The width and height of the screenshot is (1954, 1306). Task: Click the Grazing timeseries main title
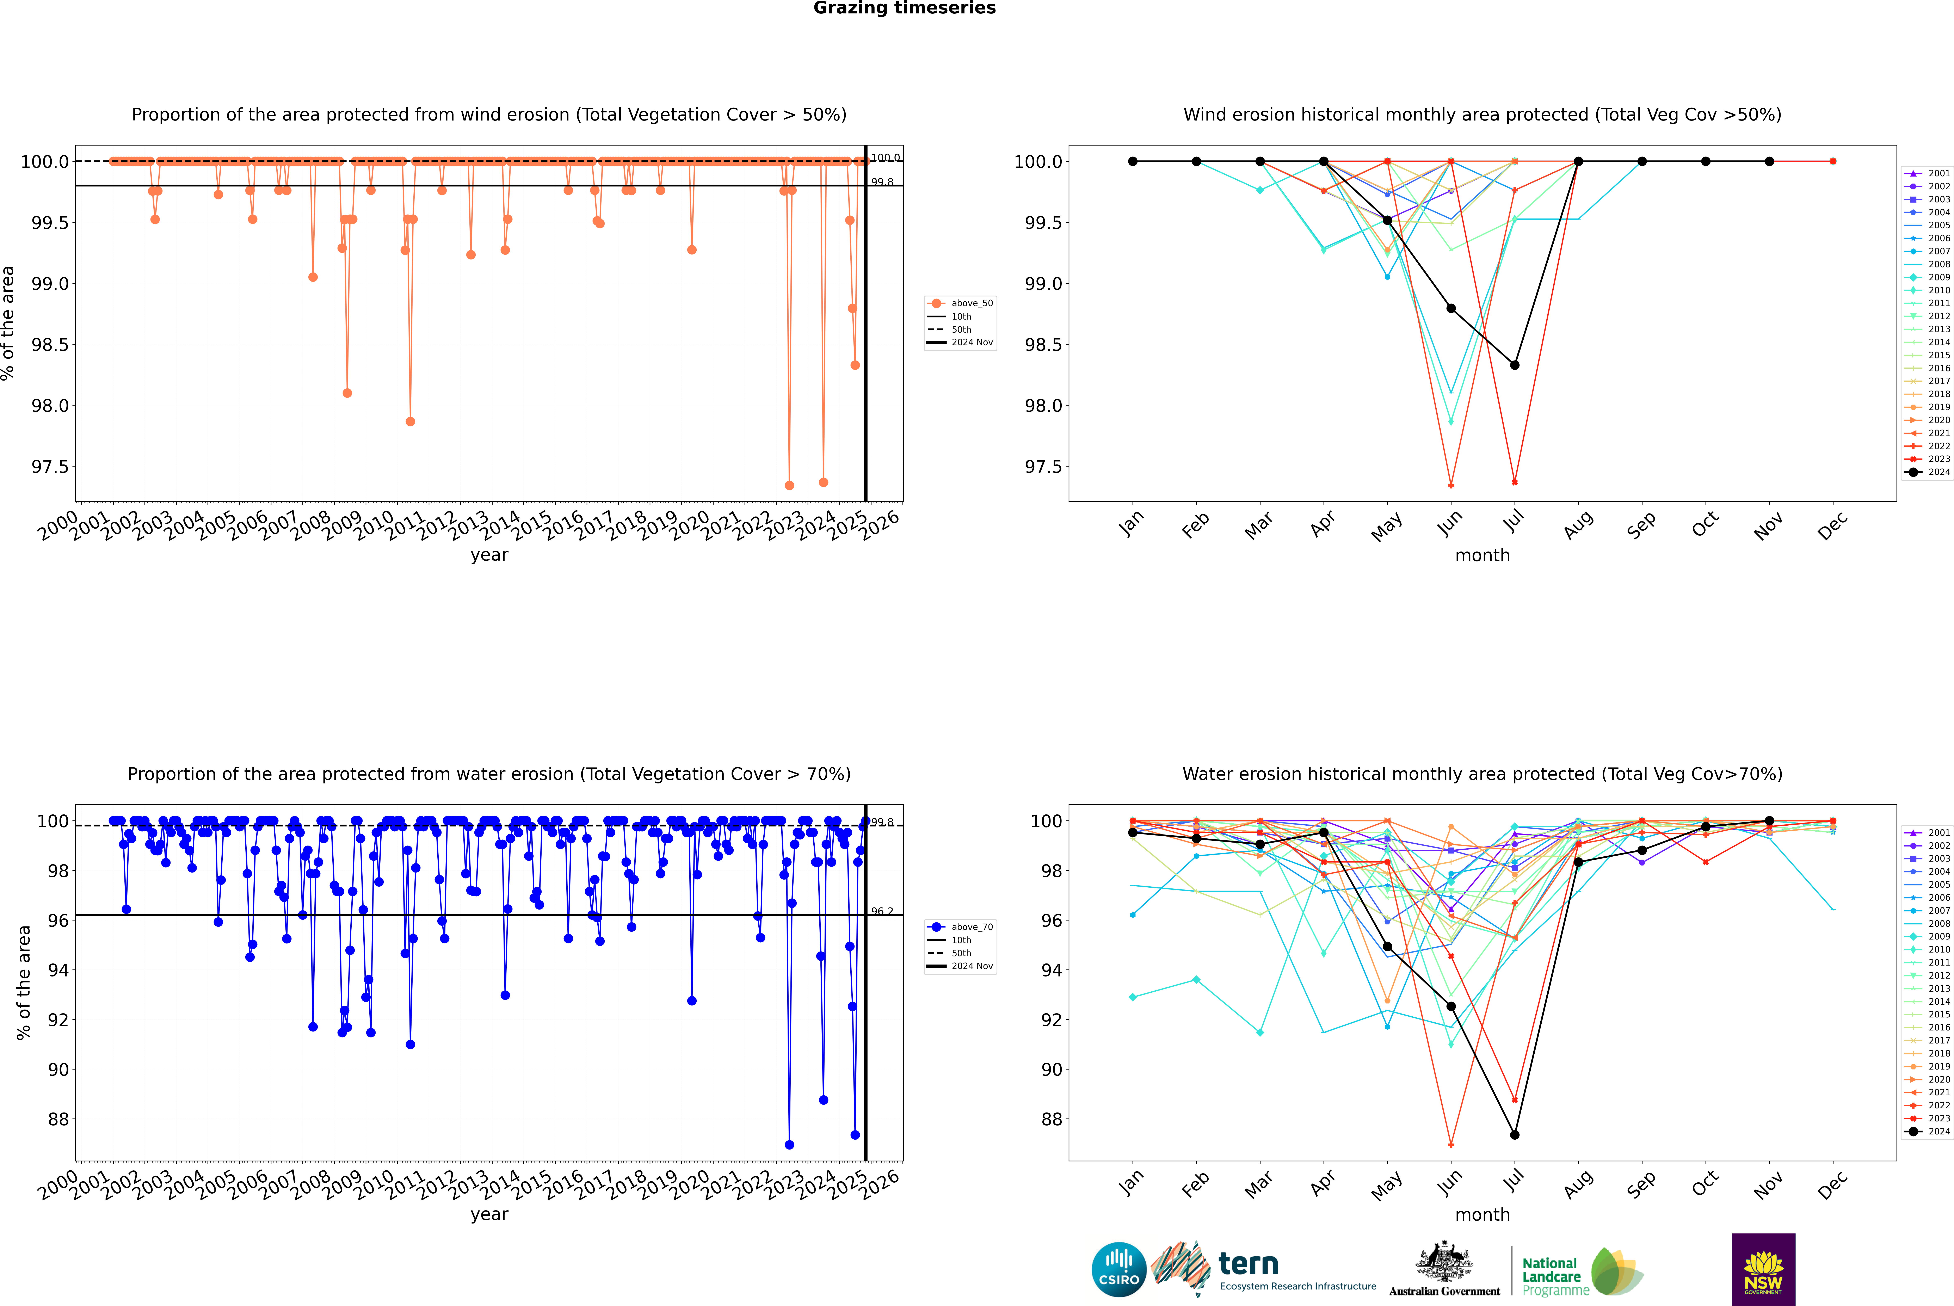point(905,8)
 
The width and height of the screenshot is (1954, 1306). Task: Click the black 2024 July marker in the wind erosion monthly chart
point(1514,365)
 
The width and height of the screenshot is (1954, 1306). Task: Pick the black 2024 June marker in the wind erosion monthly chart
point(1451,308)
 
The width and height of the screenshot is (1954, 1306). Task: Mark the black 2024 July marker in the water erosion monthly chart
point(1514,1134)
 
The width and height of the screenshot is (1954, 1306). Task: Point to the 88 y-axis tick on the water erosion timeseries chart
point(58,1119)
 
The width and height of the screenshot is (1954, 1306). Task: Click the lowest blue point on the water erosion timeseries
point(789,1144)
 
